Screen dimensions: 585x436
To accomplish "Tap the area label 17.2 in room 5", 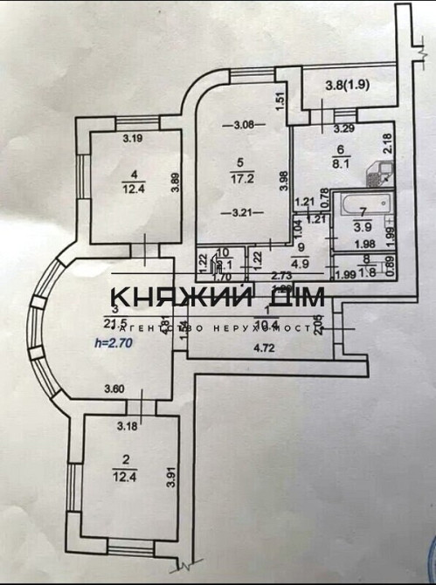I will tap(240, 176).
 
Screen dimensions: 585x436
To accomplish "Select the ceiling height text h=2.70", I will tap(111, 343).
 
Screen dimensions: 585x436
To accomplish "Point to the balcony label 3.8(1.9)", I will tap(345, 85).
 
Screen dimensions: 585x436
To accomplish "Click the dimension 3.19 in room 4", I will tap(132, 137).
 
